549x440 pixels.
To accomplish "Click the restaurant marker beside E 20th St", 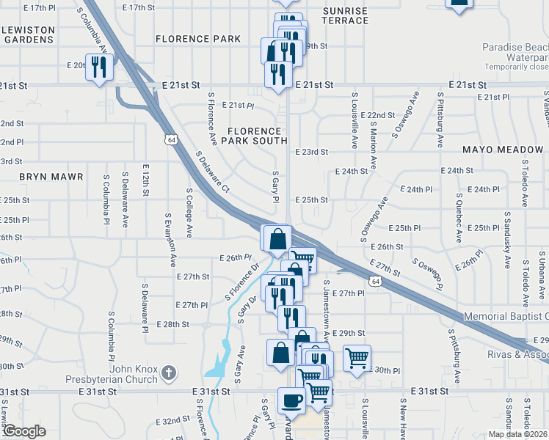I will tap(98, 67).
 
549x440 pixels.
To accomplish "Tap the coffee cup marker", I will tap(291, 401).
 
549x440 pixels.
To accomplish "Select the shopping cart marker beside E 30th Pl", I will tap(357, 359).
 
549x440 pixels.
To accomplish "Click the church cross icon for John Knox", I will tap(170, 372).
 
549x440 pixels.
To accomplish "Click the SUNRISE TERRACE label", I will tap(345, 15).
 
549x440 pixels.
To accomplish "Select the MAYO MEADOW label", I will tap(503, 150).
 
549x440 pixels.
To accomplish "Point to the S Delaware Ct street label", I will tap(213, 173).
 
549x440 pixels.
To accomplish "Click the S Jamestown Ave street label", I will tap(325, 309).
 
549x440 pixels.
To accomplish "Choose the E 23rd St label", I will tap(311, 152).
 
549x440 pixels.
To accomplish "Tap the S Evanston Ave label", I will tap(170, 241).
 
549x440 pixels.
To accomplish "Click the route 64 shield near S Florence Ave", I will tap(170, 139).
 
